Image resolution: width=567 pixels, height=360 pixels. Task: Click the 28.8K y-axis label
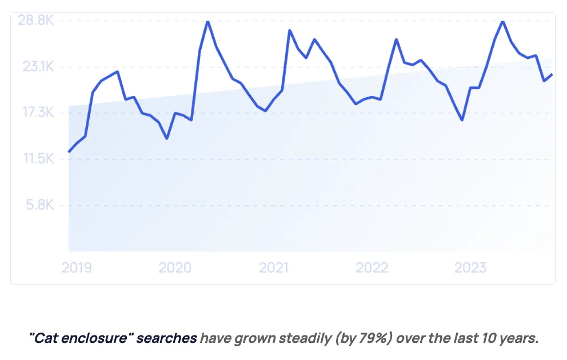[x=36, y=20]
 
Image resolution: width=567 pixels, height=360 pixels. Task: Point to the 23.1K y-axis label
[x=38, y=66]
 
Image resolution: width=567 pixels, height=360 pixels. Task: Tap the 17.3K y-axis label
[x=38, y=113]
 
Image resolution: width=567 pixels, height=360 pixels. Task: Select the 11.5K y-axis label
[x=39, y=158]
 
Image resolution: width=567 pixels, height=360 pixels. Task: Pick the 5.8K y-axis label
[x=40, y=205]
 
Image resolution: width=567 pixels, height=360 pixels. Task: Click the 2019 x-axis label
[x=77, y=267]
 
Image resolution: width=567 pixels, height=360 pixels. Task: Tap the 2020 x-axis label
[x=175, y=267]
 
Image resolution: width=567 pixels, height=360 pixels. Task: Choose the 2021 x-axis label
[x=274, y=267]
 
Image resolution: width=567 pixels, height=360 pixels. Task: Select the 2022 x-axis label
[x=372, y=267]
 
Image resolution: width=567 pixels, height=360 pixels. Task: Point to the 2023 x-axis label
[x=470, y=267]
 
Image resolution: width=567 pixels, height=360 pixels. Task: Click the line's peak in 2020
[x=208, y=22]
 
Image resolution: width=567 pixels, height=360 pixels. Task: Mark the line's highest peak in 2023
[x=503, y=22]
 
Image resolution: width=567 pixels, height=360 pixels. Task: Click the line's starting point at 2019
[x=69, y=152]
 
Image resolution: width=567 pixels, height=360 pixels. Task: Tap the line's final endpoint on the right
[x=552, y=74]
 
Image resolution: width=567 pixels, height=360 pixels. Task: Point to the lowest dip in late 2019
[x=167, y=138]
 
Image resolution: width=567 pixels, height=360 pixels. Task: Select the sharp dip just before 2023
[x=462, y=120]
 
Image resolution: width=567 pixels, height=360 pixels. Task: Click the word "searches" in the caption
[x=167, y=338]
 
